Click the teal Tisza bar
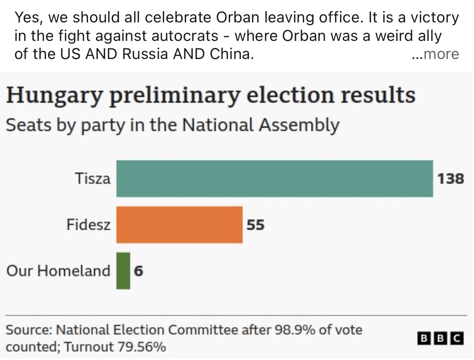274,179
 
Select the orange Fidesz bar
179,225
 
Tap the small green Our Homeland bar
123,271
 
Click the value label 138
451,179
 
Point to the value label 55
255,225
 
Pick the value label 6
138,271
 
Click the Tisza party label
92,179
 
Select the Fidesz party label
88,225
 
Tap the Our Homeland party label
58,271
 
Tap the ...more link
435,54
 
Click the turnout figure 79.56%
141,347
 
